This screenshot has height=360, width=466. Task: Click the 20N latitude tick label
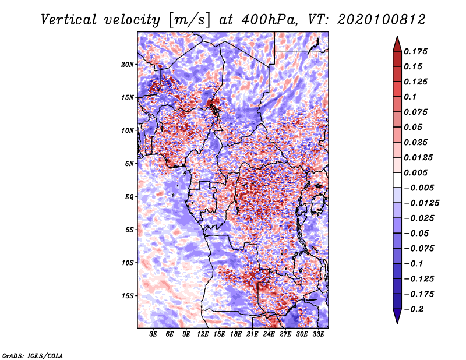tap(128, 64)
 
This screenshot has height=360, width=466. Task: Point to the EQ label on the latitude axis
tap(129, 197)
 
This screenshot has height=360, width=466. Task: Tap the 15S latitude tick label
tap(128, 296)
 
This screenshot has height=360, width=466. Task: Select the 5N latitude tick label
tap(129, 164)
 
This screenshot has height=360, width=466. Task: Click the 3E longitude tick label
tap(154, 335)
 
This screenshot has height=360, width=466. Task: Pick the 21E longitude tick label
tap(252, 335)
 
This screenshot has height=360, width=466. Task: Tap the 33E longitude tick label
tap(318, 335)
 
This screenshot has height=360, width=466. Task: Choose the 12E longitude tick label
tap(203, 335)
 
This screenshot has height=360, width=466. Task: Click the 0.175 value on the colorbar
tap(417, 51)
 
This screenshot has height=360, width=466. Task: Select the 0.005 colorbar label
tap(417, 172)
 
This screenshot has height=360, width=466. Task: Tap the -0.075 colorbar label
tap(419, 248)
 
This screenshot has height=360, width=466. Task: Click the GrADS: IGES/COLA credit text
tap(32, 354)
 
